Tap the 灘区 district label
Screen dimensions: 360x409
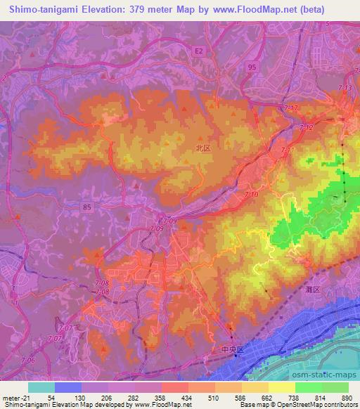tap(313, 290)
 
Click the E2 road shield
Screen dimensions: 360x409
tap(200, 52)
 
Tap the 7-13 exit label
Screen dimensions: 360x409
tap(345, 88)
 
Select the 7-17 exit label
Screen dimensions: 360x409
tap(291, 108)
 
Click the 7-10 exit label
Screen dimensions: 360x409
tap(252, 193)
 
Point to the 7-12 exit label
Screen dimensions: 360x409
tap(305, 129)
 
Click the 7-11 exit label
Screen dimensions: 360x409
tap(288, 151)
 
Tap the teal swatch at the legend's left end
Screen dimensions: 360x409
tap(41, 387)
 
